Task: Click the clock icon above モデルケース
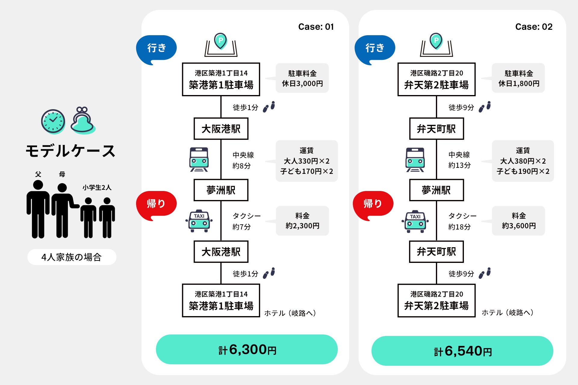point(53,121)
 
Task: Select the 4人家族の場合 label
point(72,257)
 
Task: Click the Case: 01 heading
point(316,27)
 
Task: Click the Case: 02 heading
point(534,27)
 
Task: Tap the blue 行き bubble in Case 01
point(156,49)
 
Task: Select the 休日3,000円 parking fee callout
point(302,78)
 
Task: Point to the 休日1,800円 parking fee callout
point(518,78)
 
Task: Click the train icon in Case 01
point(199,159)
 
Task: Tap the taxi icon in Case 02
point(415,221)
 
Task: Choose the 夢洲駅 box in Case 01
point(221,190)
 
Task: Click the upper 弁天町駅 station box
point(437,129)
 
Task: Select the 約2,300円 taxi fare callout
point(302,221)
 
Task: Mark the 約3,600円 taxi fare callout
point(518,221)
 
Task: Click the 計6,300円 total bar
point(247,350)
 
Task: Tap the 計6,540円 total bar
point(462,351)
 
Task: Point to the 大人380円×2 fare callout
point(523,161)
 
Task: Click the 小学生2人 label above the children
point(97,188)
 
